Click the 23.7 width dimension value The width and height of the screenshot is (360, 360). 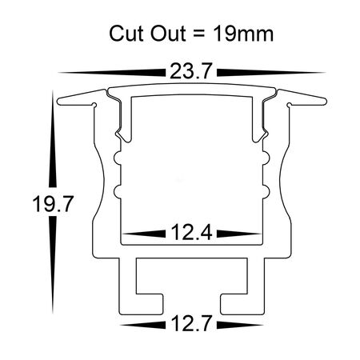pyautogui.click(x=190, y=72)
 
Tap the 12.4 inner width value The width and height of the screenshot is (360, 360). pyautogui.click(x=190, y=234)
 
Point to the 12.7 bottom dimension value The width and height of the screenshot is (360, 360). pyautogui.click(x=190, y=325)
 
